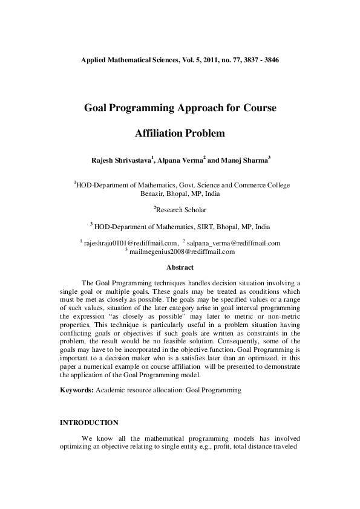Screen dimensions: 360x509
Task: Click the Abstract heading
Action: [180, 267]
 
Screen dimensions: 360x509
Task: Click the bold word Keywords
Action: [76, 391]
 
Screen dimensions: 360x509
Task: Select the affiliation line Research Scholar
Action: [181, 210]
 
